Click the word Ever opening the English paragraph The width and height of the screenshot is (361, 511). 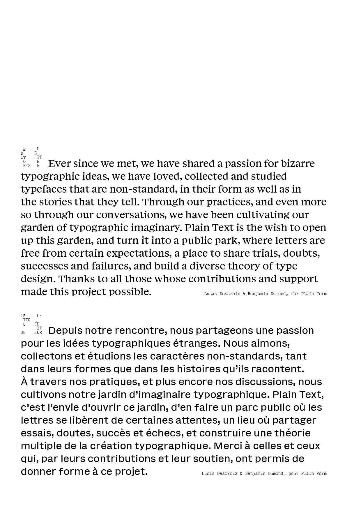pyautogui.click(x=59, y=164)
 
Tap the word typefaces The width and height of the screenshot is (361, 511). pyautogui.click(x=44, y=189)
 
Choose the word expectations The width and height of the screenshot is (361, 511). pyautogui.click(x=139, y=253)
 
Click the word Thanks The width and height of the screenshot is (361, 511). pyautogui.click(x=75, y=279)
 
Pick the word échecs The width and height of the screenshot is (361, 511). pyautogui.click(x=164, y=433)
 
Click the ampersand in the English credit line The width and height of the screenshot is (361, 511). pyautogui.click(x=244, y=294)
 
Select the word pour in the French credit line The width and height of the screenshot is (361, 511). pyautogui.click(x=293, y=474)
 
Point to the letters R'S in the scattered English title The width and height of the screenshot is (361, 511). pyautogui.click(x=27, y=166)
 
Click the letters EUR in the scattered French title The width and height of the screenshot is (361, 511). pyautogui.click(x=38, y=332)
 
